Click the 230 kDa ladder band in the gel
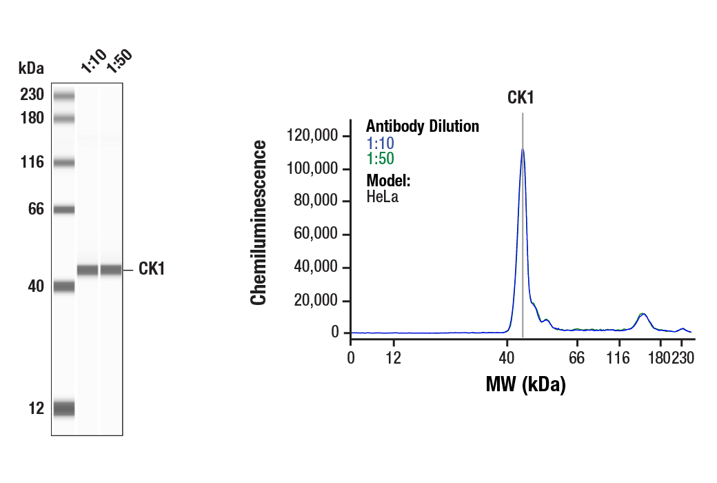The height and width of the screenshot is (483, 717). [x=63, y=95]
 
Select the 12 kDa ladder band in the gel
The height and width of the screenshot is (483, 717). [x=63, y=408]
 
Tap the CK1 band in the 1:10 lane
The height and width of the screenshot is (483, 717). [x=87, y=270]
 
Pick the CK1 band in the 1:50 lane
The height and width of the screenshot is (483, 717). [x=111, y=270]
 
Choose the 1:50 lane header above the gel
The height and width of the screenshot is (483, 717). [x=118, y=61]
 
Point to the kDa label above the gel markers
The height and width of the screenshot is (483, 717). [x=31, y=68]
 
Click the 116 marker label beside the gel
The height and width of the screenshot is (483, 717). [x=32, y=163]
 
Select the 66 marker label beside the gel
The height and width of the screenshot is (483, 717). [x=36, y=209]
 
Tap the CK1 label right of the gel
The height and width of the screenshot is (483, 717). [x=152, y=269]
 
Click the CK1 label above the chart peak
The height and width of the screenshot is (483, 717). [x=521, y=97]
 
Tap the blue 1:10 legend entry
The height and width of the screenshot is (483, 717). [x=380, y=144]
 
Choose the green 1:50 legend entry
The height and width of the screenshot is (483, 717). [x=380, y=159]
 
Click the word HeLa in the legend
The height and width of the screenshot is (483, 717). [x=382, y=197]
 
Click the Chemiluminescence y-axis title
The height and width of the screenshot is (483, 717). [x=259, y=222]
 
